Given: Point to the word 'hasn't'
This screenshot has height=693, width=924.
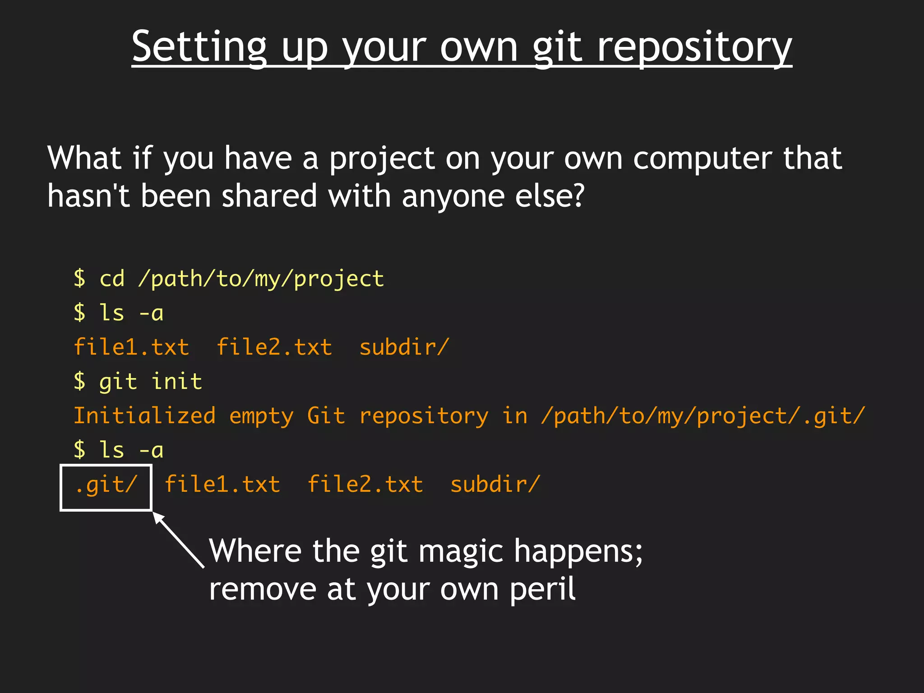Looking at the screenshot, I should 89,196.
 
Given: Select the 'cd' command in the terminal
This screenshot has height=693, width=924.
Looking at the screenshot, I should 112,279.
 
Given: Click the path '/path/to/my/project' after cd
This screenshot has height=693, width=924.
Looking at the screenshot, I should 261,279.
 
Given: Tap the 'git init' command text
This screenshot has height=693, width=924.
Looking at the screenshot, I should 151,382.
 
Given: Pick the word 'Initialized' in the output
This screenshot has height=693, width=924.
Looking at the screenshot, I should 144,416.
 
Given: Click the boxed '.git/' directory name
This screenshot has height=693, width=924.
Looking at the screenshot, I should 106,485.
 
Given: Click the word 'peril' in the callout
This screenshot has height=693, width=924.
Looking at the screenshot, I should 542,589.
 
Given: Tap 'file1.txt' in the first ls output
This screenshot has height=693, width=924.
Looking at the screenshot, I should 131,347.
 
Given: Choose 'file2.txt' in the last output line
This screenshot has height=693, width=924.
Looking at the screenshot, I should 365,485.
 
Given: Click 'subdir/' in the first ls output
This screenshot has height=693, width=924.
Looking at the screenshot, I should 404,347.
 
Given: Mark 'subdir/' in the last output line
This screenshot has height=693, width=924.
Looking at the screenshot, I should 495,485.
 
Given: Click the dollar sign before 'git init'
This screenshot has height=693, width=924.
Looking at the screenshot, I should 79,382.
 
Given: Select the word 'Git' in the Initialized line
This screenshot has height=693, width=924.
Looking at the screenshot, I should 326,416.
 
